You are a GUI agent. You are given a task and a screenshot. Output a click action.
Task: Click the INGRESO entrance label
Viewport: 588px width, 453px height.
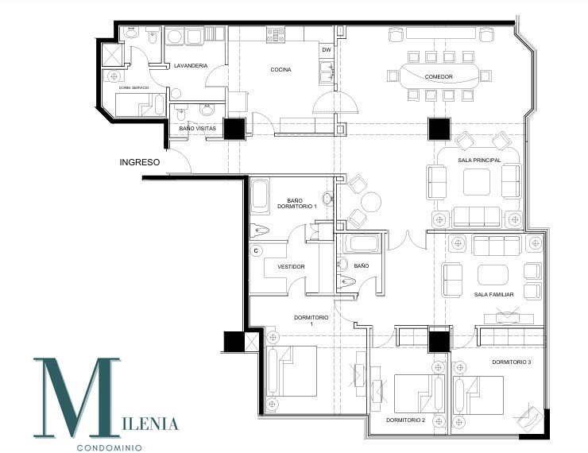tap(140, 162)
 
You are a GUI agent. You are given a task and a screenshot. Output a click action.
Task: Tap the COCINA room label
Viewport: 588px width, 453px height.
tap(280, 70)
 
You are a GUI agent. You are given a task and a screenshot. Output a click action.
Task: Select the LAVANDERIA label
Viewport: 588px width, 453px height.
tap(191, 65)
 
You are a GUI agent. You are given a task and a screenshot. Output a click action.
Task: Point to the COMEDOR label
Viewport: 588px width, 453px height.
tap(439, 77)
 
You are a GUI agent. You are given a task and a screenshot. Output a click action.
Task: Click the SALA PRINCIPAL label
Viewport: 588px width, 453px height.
tap(479, 160)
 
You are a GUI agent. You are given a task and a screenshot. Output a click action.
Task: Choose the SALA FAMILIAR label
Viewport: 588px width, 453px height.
tap(494, 294)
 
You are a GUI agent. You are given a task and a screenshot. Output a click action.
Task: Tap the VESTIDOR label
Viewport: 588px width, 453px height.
tap(290, 267)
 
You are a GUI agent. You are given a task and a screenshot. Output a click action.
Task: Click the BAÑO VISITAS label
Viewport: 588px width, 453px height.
tap(197, 128)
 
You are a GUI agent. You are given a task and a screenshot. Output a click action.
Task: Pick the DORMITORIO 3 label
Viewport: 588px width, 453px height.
tap(511, 362)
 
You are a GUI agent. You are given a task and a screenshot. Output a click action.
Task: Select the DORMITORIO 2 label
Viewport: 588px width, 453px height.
tap(406, 419)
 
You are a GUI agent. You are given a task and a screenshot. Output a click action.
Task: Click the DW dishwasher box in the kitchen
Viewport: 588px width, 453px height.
tap(326, 50)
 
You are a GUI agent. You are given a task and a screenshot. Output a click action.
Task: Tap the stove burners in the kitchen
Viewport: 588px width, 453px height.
tap(275, 34)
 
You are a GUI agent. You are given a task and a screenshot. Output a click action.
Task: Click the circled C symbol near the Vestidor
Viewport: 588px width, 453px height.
tap(257, 251)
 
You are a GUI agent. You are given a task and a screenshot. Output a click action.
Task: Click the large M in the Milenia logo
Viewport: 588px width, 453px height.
tap(76, 397)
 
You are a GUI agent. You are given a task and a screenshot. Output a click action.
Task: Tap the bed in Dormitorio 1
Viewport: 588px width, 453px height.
tap(294, 372)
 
